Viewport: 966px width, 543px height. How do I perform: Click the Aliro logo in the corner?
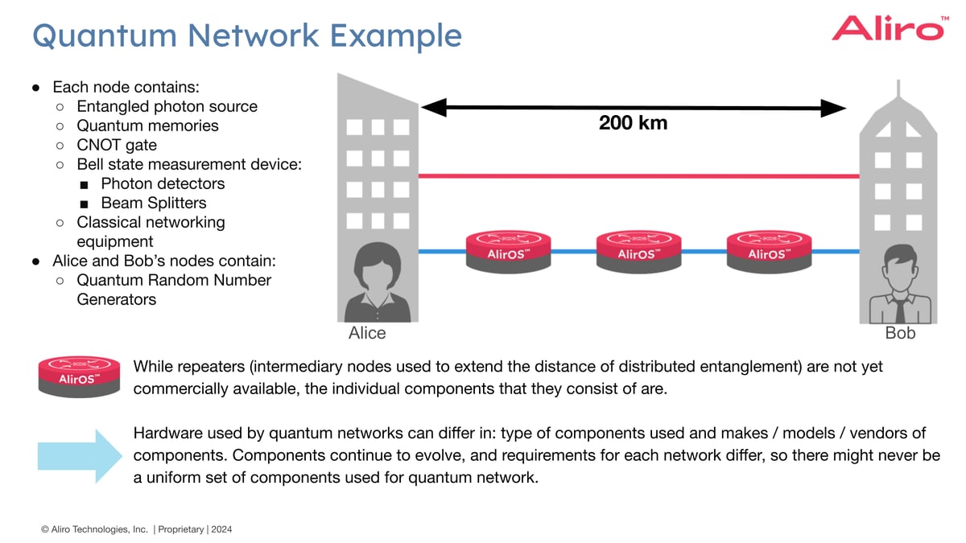(887, 28)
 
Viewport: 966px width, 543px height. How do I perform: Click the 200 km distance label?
(633, 123)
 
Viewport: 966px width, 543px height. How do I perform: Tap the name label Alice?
(367, 333)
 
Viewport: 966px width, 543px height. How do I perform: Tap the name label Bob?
(900, 333)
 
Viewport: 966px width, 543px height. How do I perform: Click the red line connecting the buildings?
(636, 175)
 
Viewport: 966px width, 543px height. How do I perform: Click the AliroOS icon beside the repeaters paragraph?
(79, 376)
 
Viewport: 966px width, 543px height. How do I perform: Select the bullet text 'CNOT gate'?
(117, 145)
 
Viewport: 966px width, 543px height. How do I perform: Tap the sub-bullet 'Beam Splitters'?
(153, 203)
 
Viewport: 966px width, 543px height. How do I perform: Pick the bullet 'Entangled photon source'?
(167, 106)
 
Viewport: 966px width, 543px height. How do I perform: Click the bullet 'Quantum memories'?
(147, 125)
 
